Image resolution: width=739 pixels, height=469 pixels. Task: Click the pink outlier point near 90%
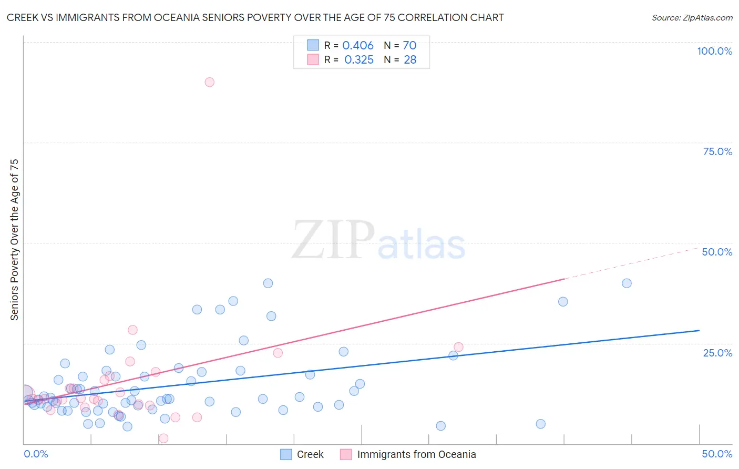pos(209,82)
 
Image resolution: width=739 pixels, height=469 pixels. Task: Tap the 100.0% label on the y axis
pos(714,51)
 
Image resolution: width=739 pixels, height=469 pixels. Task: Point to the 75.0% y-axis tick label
pos(717,151)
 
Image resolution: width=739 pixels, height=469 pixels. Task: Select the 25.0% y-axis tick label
pos(717,353)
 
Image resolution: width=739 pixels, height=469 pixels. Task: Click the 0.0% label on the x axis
pos(36,454)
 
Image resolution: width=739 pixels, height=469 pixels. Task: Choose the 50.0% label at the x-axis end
pos(717,454)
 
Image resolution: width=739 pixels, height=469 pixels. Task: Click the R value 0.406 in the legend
pos(358,46)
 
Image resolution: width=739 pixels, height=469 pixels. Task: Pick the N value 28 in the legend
pos(410,60)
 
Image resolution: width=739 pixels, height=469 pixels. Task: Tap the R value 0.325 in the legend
pos(359,60)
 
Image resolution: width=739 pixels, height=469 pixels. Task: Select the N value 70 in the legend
pos(409,46)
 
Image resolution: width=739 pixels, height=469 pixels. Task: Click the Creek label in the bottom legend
pos(310,454)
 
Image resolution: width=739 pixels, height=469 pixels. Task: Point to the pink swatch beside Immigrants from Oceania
pos(346,454)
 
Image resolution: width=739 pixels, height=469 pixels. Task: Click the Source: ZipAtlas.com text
pos(692,18)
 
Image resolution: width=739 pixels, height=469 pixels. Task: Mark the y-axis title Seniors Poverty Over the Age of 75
pos(14,240)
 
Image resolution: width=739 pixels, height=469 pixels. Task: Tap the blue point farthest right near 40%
pos(627,283)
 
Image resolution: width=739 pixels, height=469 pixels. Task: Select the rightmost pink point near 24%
pos(458,347)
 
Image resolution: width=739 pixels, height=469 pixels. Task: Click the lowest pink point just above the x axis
pos(163,438)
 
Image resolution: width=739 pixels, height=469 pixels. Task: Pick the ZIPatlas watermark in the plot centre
pos(378,241)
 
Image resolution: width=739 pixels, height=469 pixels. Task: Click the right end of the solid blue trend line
pos(699,330)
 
